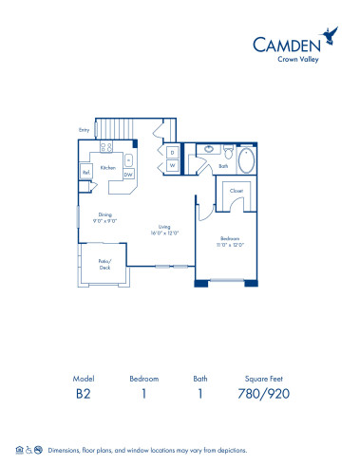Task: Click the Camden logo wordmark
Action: click(x=284, y=43)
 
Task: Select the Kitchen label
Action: click(x=107, y=167)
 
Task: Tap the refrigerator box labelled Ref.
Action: click(x=85, y=173)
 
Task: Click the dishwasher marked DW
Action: click(x=128, y=174)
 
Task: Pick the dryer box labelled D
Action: click(x=172, y=152)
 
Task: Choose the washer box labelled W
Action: click(x=172, y=165)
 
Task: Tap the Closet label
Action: click(x=237, y=190)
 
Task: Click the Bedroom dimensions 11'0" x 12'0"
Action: click(x=232, y=244)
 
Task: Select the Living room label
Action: click(x=163, y=229)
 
